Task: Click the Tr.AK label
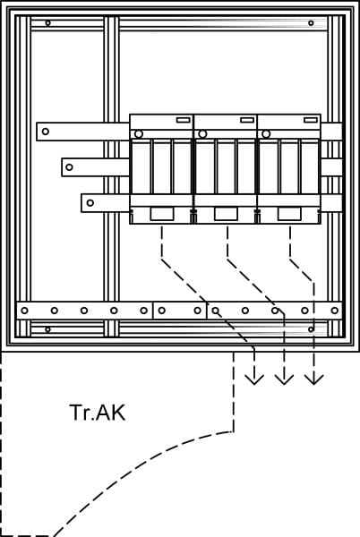pos(98,413)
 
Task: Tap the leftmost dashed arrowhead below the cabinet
pos(254,379)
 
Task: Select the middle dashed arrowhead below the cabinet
pos(284,379)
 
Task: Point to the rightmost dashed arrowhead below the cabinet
pos(314,379)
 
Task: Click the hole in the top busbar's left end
pos(45,132)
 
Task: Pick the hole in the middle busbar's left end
pos(69,167)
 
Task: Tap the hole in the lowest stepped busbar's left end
pos(90,203)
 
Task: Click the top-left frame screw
pos(48,23)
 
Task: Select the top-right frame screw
pos(311,23)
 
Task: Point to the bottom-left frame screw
pos(48,329)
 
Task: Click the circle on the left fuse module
pos(139,134)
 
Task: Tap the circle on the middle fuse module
pos(202,134)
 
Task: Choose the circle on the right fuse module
pos(266,134)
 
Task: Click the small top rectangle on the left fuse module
pos(184,120)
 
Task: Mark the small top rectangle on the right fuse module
pos(311,120)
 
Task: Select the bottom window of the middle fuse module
pos(226,214)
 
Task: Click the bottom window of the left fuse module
pos(162,214)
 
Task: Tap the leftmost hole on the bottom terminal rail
pos(24,311)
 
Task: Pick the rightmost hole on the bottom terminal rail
pos(335,311)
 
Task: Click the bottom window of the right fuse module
pos(289,214)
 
